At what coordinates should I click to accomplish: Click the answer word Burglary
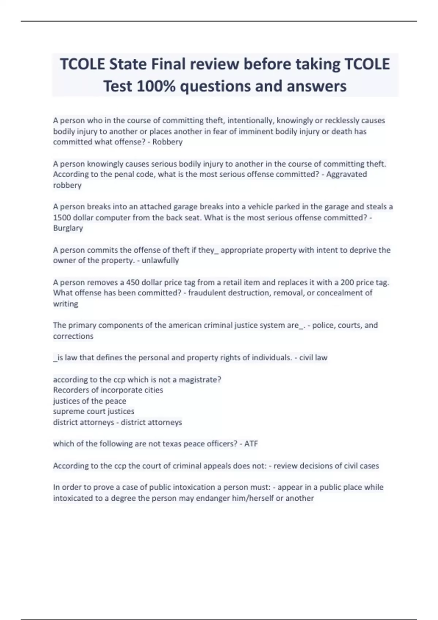tap(68, 228)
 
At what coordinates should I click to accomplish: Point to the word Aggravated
tap(346, 174)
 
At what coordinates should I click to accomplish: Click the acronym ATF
tap(251, 444)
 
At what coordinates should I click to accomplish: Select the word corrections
tap(73, 336)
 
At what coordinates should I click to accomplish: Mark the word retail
tap(234, 282)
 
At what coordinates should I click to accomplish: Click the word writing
tap(66, 304)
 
